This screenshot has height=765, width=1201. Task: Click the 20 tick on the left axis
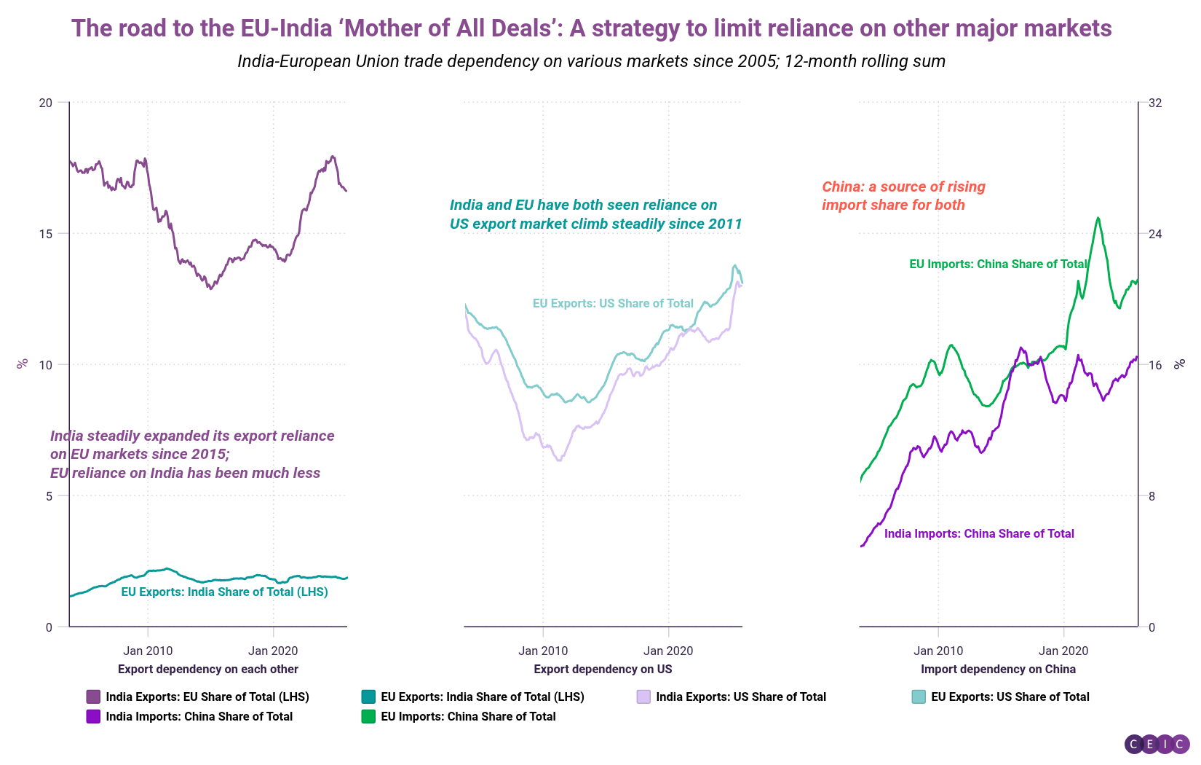pos(45,103)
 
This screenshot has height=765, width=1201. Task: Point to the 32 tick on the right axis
pos(1155,103)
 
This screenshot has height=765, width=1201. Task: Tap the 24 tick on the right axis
pos(1155,234)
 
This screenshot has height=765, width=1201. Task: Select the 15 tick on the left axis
pos(45,234)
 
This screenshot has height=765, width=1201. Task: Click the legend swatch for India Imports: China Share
pos(93,716)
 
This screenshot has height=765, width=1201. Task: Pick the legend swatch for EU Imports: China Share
pos(368,716)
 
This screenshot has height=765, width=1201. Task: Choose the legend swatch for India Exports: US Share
pos(643,697)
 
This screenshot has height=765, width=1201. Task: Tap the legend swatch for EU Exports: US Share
pos(919,697)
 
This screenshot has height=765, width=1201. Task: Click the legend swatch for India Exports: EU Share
pos(93,697)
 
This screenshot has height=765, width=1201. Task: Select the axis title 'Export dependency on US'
pos(603,669)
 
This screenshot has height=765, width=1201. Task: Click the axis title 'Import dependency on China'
pos(998,669)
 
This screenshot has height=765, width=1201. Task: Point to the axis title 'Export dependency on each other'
pos(208,669)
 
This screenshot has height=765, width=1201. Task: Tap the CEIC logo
pos(1157,744)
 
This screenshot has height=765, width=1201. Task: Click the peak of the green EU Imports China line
pos(1098,218)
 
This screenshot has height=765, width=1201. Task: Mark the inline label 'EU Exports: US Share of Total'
pos(613,303)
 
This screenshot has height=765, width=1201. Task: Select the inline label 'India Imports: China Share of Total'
pos(979,533)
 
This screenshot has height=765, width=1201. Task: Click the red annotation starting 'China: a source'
pos(903,195)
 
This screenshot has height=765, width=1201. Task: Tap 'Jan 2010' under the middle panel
pos(543,651)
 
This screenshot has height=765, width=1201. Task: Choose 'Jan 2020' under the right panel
pos(1063,651)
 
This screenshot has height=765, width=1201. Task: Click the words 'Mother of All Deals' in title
pos(451,28)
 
